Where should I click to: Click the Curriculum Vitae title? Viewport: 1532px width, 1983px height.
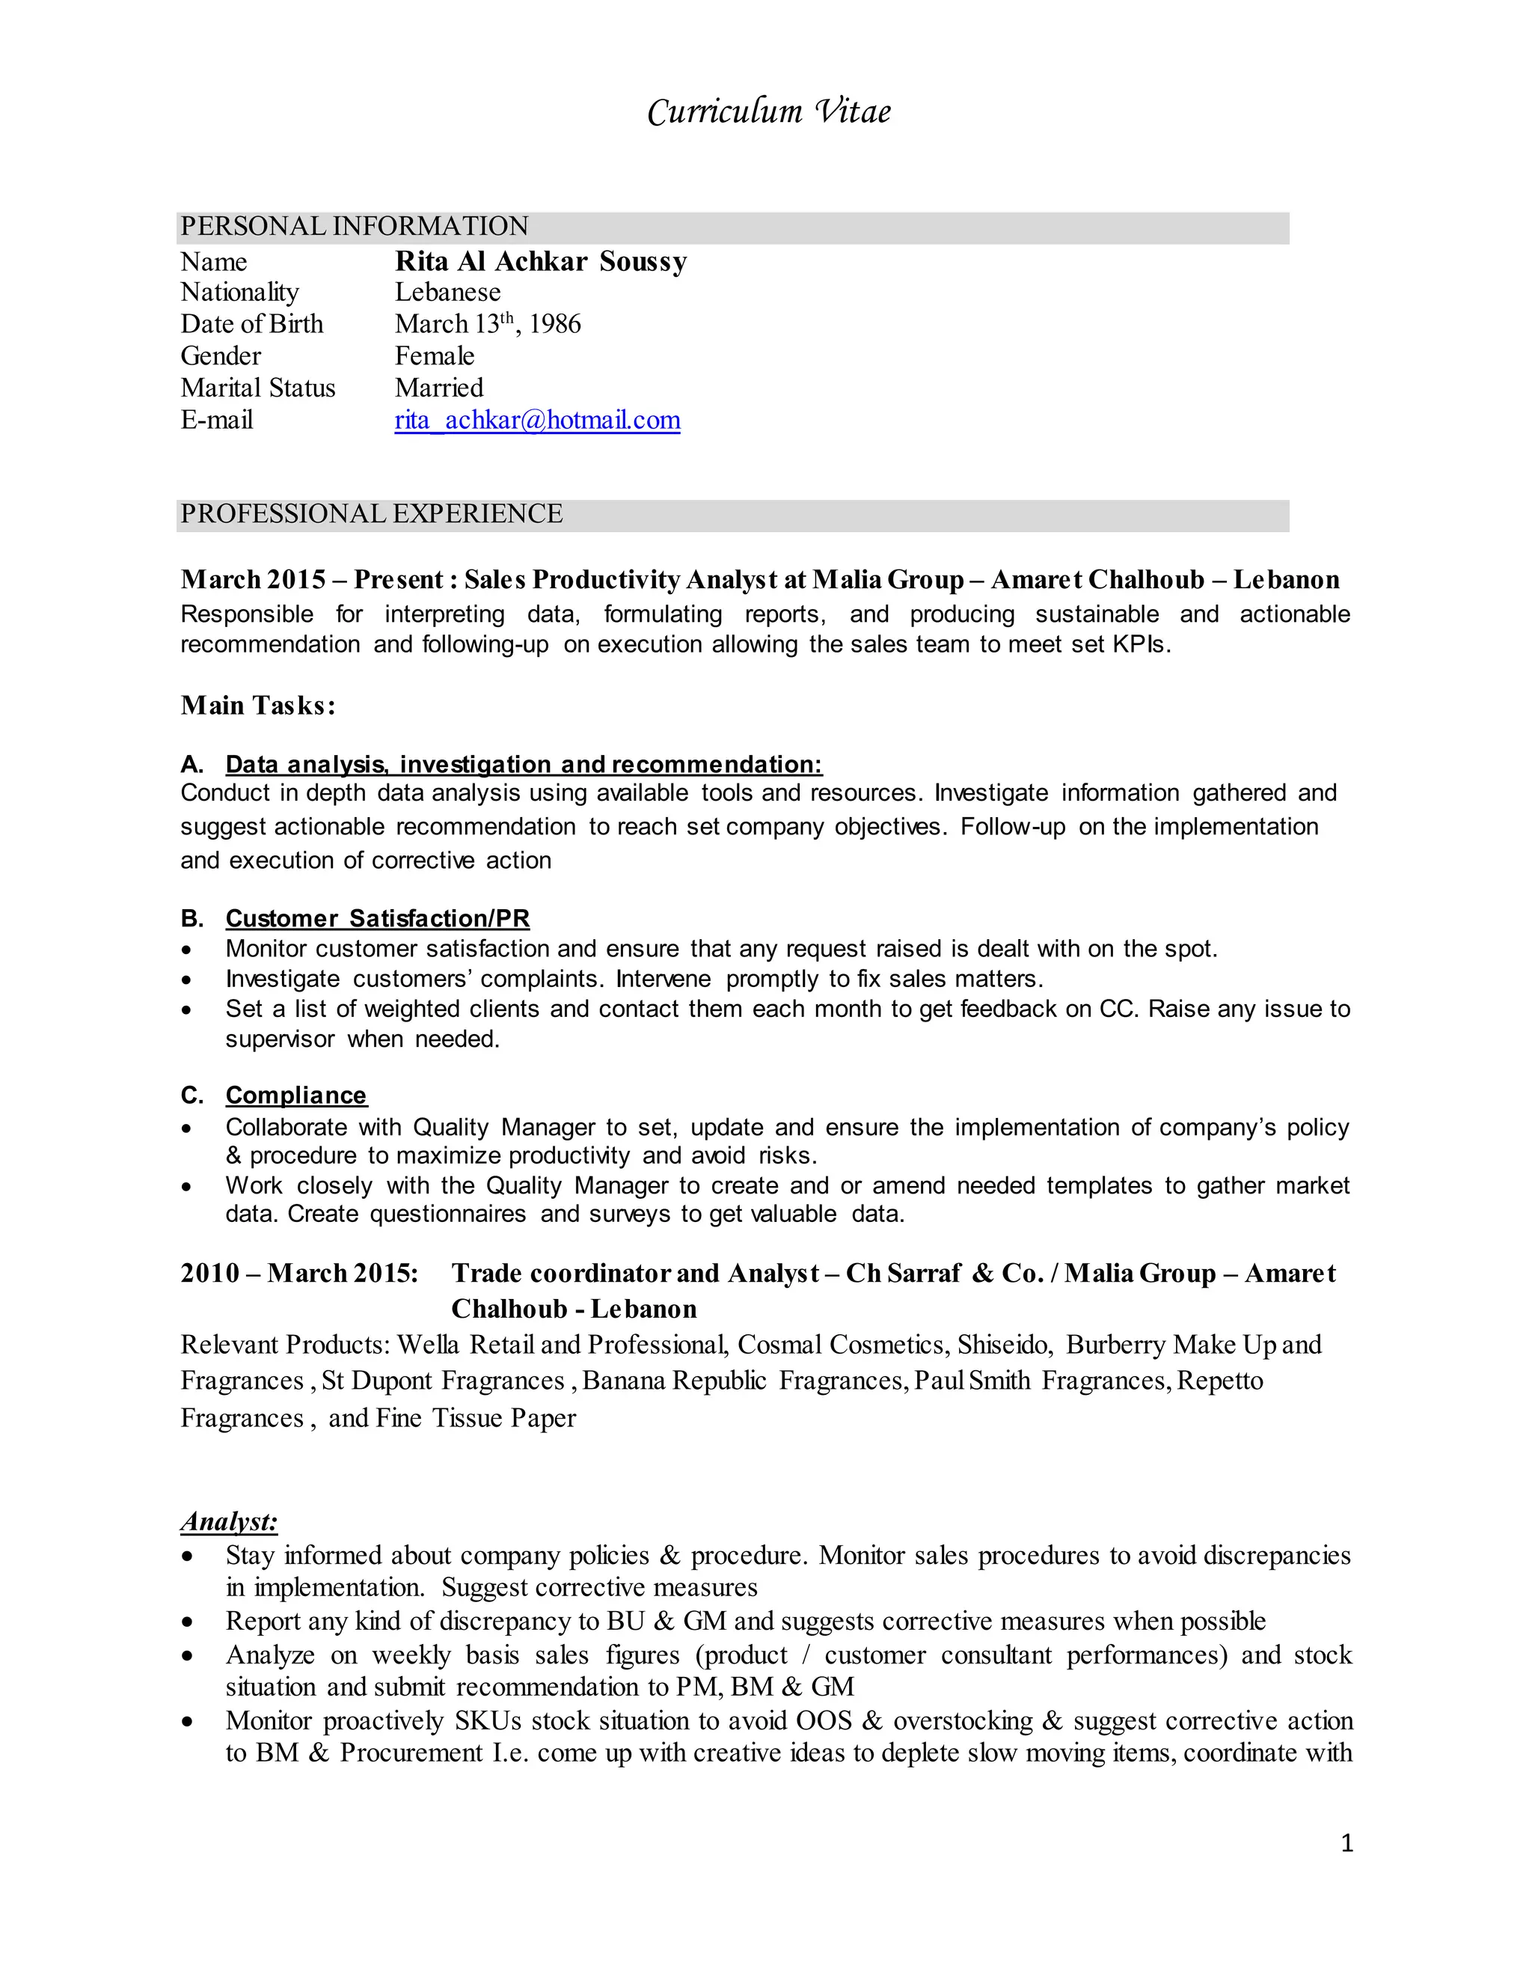[769, 111]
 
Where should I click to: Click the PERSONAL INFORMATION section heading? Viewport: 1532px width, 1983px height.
[354, 226]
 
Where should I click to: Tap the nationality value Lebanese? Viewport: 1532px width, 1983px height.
[447, 293]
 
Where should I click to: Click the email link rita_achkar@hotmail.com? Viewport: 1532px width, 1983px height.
[537, 421]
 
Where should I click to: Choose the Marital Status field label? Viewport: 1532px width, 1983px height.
[258, 388]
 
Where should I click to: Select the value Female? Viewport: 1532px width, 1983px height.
[434, 356]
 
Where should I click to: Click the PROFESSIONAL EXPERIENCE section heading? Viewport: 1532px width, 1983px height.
[371, 514]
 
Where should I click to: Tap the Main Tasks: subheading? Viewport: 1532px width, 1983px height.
[258, 706]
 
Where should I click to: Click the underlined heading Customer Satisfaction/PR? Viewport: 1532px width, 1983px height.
[378, 918]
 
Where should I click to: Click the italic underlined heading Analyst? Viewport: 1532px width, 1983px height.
[229, 1522]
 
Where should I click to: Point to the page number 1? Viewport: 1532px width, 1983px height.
[1346, 1842]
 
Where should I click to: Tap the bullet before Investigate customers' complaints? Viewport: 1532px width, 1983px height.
[186, 980]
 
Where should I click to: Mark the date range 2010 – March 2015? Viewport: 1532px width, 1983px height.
[299, 1273]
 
